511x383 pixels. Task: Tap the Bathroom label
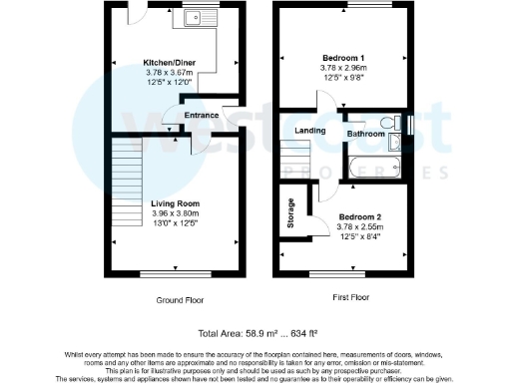(x=366, y=132)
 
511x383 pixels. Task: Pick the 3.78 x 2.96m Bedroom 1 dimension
(x=343, y=69)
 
